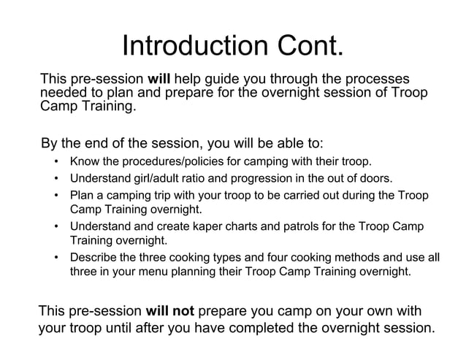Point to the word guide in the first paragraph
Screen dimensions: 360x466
[224, 79]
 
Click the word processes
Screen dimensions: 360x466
[373, 79]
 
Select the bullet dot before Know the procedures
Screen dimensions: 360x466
[56, 161]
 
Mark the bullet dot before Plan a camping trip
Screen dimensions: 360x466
[56, 196]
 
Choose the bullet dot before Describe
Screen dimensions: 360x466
[56, 257]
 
